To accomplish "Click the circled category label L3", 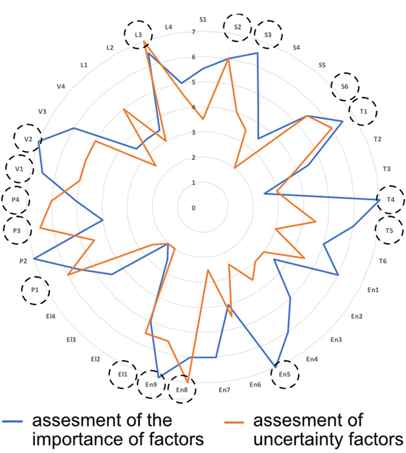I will (138, 35).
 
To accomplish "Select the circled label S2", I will (237, 27).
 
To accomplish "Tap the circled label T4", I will (390, 200).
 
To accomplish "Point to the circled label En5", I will (285, 375).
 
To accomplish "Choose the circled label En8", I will (181, 390).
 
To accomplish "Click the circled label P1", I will (35, 289).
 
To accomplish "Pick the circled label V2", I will (28, 139).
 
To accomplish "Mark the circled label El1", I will (123, 375).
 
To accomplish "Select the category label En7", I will (225, 390).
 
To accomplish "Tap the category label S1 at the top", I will (203, 19).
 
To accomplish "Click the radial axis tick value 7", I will (194, 31).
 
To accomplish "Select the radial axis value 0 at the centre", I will (194, 208).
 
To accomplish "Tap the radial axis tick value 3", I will (194, 132).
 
